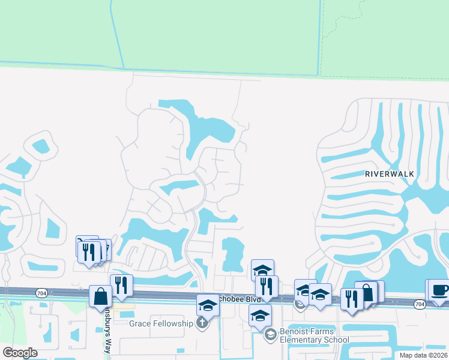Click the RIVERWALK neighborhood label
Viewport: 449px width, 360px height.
coord(390,173)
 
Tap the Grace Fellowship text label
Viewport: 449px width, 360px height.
coord(161,324)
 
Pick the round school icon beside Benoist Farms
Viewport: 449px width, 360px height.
coord(270,334)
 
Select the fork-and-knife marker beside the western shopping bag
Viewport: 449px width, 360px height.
coord(121,286)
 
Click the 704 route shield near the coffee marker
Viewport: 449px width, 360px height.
coord(420,304)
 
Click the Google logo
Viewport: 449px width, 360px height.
coord(20,353)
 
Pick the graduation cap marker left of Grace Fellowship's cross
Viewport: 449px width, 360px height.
coord(208,305)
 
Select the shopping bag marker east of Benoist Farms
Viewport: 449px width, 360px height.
coord(366,293)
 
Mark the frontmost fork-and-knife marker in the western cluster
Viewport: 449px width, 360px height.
coord(89,253)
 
